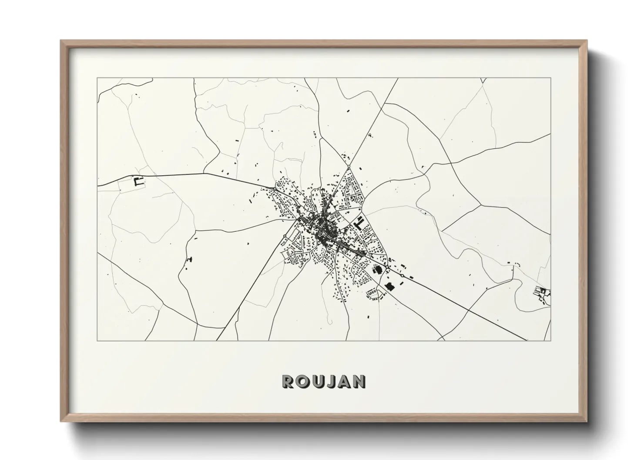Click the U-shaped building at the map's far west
coord(139,182)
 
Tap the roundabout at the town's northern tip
coord(349,166)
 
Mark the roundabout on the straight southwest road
coord(285,236)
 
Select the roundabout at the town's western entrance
coord(275,188)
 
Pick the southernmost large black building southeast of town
coord(389,287)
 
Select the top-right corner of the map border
coord(550,78)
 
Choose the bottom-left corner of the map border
coord(97,340)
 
